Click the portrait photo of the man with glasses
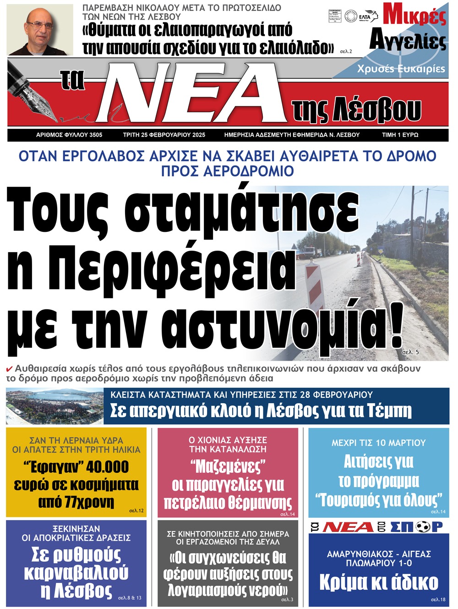tap(41, 30)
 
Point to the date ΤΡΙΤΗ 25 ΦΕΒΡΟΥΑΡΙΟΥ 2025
tap(164, 135)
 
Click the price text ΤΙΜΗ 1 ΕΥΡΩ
tap(400, 135)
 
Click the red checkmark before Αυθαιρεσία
tap(9, 369)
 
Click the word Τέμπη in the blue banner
tap(389, 411)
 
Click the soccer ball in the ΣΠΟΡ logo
tap(423, 527)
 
